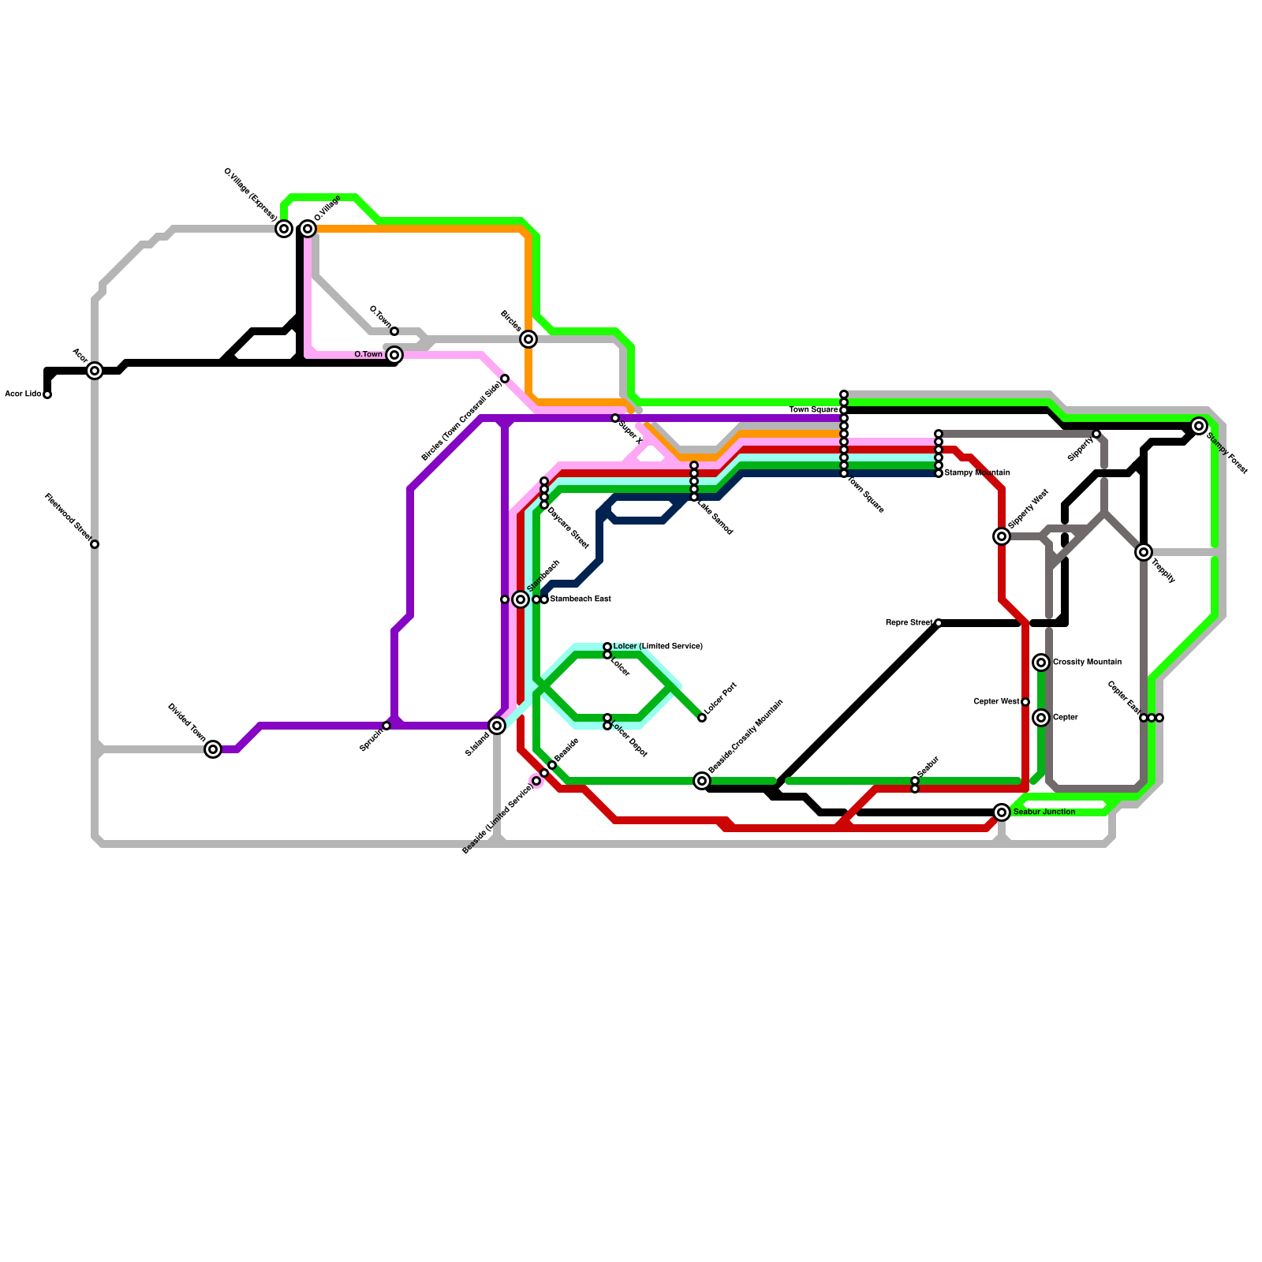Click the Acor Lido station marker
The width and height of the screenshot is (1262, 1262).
[x=47, y=394]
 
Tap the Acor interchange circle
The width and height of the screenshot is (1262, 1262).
[x=95, y=371]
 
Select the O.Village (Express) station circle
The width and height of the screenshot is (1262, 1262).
[x=284, y=229]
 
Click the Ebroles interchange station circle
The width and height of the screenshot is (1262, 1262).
[x=528, y=339]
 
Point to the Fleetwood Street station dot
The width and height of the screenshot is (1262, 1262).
[x=95, y=544]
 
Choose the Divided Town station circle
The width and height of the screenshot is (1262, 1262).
[x=213, y=749]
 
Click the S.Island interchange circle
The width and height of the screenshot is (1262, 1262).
[x=497, y=726]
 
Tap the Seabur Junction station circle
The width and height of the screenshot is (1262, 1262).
[x=1002, y=812]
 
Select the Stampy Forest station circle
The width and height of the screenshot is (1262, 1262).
[x=1199, y=426]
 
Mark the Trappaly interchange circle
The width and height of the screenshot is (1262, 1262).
[x=1144, y=552]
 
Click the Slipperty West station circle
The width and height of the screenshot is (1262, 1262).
[x=1002, y=536]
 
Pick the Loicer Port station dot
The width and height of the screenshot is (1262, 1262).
[x=702, y=718]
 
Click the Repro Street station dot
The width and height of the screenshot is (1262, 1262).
[x=939, y=623]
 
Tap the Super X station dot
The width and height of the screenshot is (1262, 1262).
[x=615, y=418]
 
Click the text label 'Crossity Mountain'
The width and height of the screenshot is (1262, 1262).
[x=1087, y=663]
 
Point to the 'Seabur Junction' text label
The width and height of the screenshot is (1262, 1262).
[x=1044, y=812]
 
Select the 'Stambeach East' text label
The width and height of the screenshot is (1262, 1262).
[x=580, y=599]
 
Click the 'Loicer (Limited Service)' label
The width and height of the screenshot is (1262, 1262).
[x=658, y=647]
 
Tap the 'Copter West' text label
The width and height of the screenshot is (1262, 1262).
[x=996, y=702]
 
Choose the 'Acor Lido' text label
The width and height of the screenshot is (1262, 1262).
[x=23, y=394]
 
